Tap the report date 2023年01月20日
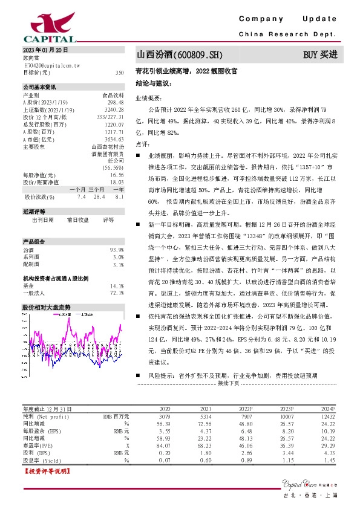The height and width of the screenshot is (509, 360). click(45, 49)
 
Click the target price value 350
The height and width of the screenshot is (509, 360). click(120, 73)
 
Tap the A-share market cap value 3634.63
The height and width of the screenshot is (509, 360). click(114, 139)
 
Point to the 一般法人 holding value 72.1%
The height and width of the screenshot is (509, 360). click(117, 293)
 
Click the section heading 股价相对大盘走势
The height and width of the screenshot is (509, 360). click(47, 308)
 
